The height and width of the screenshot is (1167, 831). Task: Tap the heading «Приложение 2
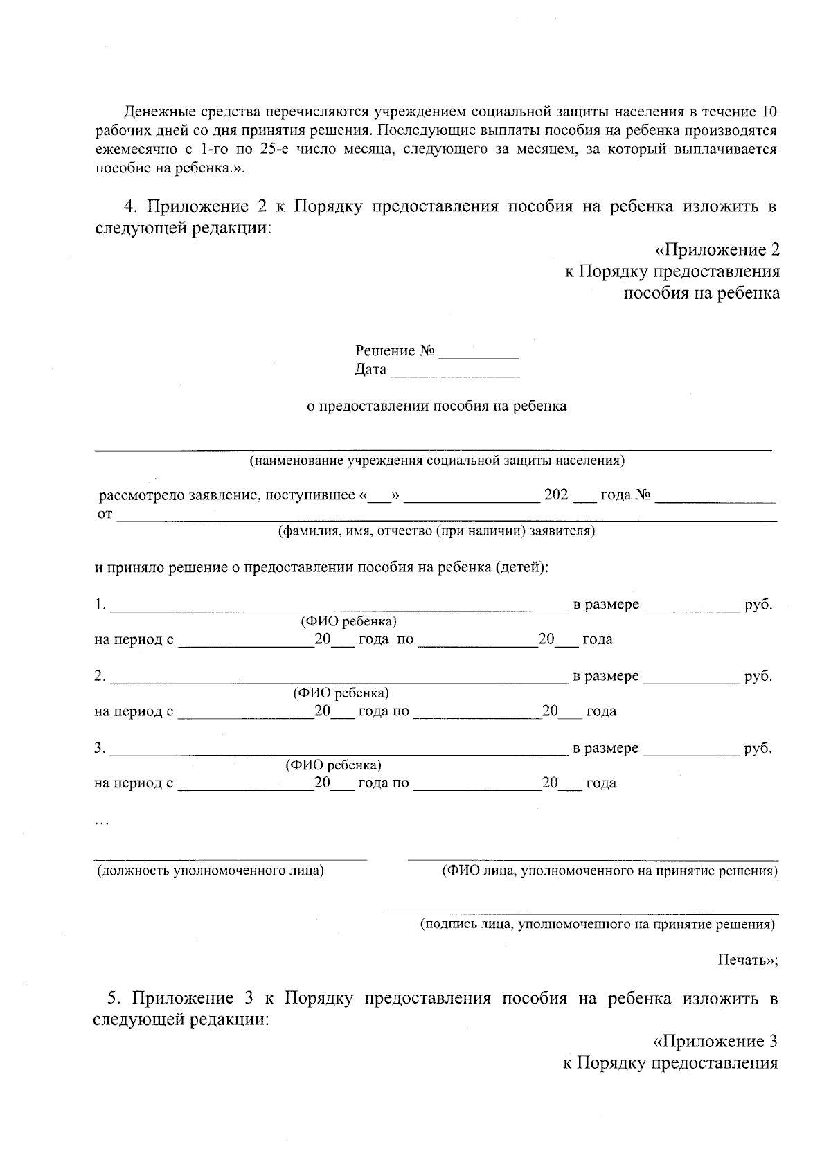pos(717,250)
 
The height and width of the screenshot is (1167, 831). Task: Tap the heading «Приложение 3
pos(715,1041)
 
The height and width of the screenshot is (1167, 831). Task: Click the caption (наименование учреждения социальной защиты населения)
pos(437,460)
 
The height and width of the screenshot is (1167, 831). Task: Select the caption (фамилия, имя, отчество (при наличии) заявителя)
pos(436,531)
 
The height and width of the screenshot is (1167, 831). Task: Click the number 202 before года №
pos(556,495)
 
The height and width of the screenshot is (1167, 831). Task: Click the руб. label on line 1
pos(758,605)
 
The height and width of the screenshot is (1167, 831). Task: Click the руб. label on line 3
pos(758,748)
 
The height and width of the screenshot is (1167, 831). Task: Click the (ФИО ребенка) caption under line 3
pos(333,765)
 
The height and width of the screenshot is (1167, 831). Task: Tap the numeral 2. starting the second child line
pos(100,676)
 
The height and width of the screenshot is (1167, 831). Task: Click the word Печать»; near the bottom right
pos(747,960)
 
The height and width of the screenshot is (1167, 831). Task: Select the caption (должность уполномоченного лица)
pos(211,871)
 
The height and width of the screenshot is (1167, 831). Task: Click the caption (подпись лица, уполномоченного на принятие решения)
pos(598,924)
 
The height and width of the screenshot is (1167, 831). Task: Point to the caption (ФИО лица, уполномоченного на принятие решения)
pos(609,871)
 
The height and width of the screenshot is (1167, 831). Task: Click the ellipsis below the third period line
pos(101,823)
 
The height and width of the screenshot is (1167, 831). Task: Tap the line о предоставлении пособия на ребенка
pos(436,406)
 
